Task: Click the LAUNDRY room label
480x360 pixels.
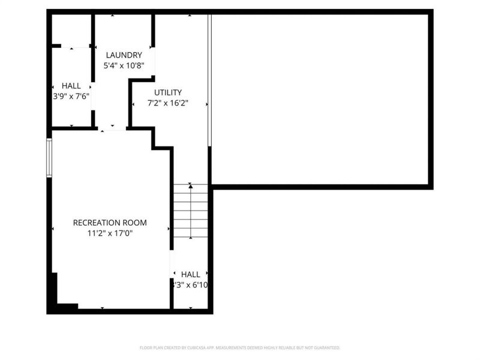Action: click(x=124, y=55)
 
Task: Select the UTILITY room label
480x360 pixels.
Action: click(x=168, y=92)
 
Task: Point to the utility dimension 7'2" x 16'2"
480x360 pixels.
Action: click(x=168, y=103)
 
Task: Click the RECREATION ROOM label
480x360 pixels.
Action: click(x=110, y=223)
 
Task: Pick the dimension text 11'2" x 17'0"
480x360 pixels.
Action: click(x=110, y=233)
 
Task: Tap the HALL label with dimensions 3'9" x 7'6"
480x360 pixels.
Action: click(x=71, y=86)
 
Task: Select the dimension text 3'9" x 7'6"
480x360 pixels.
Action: click(x=71, y=96)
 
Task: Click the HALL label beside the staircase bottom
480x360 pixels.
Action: click(x=191, y=274)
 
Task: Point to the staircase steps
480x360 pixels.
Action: click(x=191, y=213)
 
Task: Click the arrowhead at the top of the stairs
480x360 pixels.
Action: click(x=191, y=187)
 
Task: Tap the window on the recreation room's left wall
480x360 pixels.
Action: click(x=49, y=158)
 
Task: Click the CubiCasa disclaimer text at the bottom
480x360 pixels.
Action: click(x=240, y=347)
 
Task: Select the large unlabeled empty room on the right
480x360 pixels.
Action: click(x=321, y=99)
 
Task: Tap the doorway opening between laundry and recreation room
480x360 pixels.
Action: click(x=112, y=128)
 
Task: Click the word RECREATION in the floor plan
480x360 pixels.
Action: click(x=97, y=223)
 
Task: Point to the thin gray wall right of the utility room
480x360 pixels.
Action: click(x=209, y=81)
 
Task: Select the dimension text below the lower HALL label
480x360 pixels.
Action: click(x=191, y=285)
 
